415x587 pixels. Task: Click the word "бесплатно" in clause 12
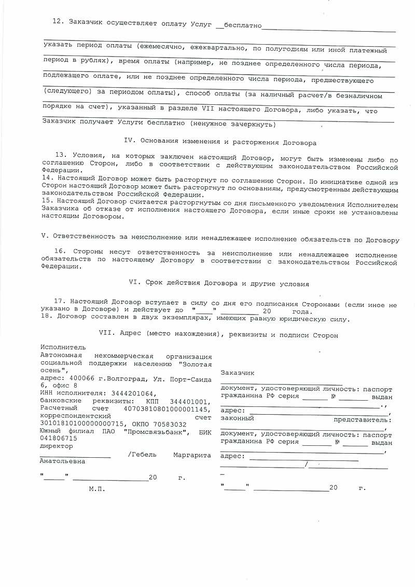[x=241, y=25]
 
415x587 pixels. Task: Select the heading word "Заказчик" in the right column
[x=237, y=373]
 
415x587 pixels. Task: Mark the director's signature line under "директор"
[x=75, y=457]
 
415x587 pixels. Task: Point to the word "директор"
[x=57, y=446]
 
